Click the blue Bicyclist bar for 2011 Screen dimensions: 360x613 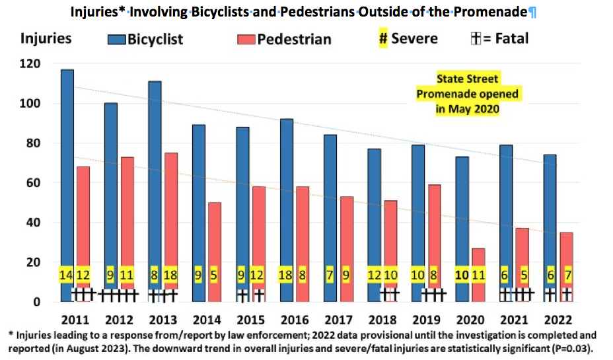coord(67,165)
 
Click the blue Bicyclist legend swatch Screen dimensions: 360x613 coord(117,40)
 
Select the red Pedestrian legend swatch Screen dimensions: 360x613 coord(246,40)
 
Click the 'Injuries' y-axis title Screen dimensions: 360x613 coord(46,38)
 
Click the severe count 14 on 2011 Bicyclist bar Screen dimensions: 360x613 coord(67,274)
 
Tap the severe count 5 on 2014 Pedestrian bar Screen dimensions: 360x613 coord(214,274)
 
